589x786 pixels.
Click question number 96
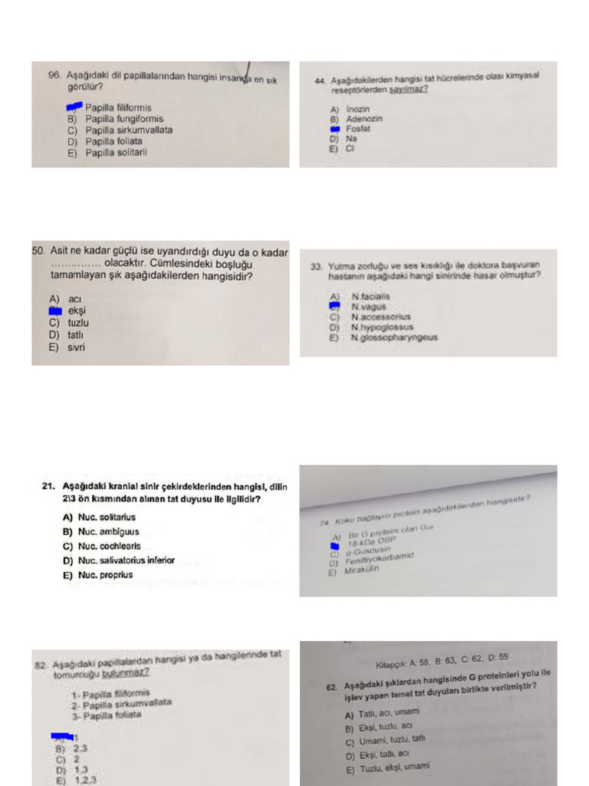(54, 75)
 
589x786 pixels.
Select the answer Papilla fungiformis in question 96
(123, 119)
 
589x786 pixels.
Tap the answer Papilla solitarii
(116, 152)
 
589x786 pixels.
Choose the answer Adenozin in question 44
(364, 119)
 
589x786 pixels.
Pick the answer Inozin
(357, 109)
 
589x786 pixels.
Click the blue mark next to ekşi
(54, 311)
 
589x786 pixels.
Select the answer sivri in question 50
(76, 347)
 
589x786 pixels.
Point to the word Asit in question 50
(61, 251)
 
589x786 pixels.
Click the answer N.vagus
(369, 306)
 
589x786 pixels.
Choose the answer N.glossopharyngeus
(394, 337)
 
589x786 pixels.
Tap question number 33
(315, 266)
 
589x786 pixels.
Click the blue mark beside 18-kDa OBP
(334, 546)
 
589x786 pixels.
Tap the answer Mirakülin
(361, 570)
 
